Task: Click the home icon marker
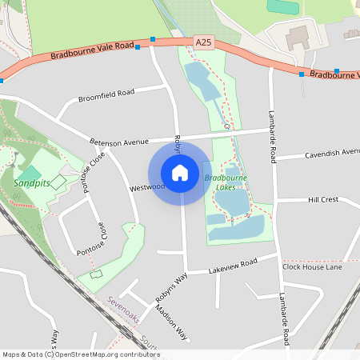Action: point(180,172)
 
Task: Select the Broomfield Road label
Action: point(106,96)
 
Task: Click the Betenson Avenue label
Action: point(119,141)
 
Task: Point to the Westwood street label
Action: point(146,187)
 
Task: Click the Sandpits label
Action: point(30,183)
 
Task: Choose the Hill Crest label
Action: point(324,199)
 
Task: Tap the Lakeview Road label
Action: point(233,266)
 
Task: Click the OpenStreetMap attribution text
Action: point(81,354)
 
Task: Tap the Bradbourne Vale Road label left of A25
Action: point(92,50)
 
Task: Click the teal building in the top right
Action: point(282,6)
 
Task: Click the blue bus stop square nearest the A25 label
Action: point(152,38)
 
